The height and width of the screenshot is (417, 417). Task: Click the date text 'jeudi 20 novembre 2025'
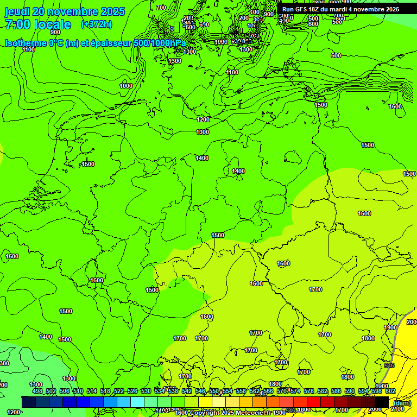(65, 11)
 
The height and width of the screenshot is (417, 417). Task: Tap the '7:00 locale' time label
(38, 24)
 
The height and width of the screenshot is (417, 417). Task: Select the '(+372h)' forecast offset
(96, 24)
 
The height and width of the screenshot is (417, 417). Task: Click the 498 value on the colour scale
(37, 391)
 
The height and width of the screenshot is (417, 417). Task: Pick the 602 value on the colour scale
(390, 391)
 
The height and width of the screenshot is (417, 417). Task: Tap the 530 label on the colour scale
(146, 391)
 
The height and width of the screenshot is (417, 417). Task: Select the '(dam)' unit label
(402, 403)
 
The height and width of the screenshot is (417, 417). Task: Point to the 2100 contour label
(397, 409)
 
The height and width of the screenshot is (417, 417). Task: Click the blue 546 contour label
(389, 365)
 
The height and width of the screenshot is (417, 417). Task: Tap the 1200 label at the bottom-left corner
(14, 412)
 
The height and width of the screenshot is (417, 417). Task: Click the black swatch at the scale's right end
(382, 402)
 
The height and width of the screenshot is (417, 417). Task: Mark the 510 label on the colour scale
(78, 391)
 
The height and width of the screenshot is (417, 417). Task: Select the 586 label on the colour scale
(336, 391)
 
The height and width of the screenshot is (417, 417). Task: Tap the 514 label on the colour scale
(91, 391)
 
